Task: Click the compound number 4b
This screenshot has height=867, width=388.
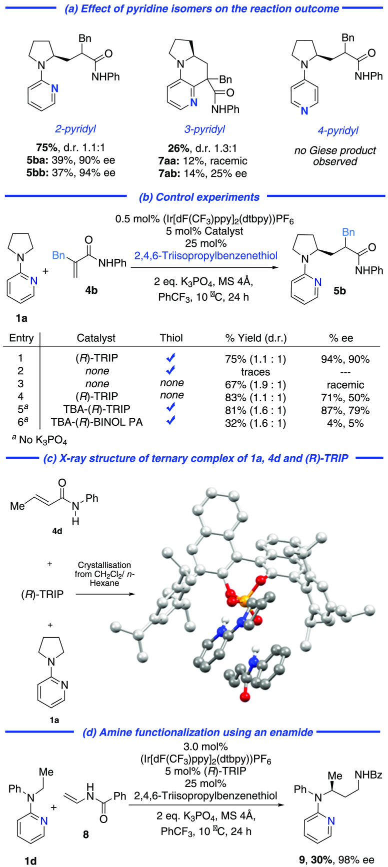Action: point(91,290)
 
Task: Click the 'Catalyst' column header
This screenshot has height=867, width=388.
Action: point(96,338)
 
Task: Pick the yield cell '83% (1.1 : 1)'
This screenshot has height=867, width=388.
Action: point(255,396)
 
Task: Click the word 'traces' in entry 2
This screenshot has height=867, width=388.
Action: point(255,371)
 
